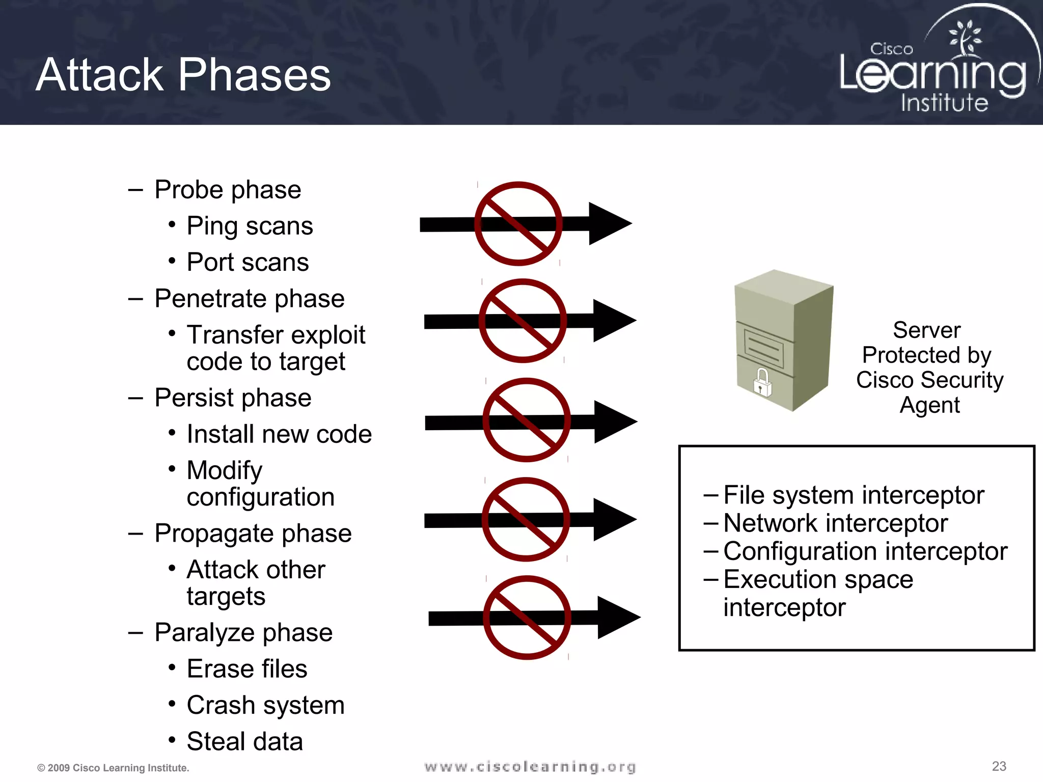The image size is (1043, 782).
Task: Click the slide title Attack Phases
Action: point(183,75)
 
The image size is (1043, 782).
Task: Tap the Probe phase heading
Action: point(227,190)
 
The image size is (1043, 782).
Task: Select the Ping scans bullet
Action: point(250,226)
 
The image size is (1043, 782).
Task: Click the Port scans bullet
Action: point(248,262)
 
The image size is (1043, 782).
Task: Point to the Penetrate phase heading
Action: point(249,298)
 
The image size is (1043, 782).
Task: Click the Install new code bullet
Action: point(279,434)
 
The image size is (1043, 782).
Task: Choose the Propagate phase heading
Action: point(253,534)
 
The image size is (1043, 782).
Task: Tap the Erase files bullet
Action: point(247,669)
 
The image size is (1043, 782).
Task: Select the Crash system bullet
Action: point(265,705)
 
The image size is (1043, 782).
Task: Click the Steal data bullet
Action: point(244,741)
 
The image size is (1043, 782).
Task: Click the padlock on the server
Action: point(762,383)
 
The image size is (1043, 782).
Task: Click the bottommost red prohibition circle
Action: point(527,618)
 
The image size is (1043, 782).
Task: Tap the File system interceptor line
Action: point(854,495)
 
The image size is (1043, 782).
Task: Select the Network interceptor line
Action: point(835,523)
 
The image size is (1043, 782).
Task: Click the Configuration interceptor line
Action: point(865,551)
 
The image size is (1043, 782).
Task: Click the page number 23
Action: point(999,766)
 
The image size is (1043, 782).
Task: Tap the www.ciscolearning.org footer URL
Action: point(530,767)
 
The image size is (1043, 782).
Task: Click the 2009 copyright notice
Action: point(113,768)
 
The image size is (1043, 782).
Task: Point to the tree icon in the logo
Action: point(964,38)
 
